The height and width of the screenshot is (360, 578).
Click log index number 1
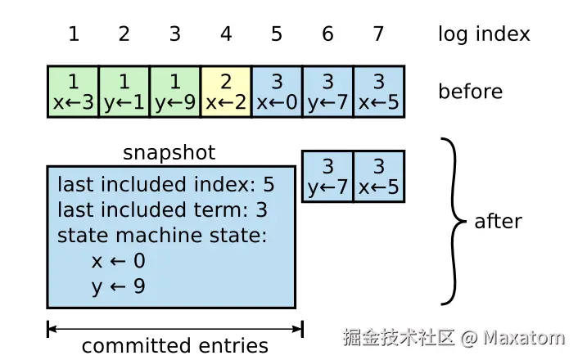74,34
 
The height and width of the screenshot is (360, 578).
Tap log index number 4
226,34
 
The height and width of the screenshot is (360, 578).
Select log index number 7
378,34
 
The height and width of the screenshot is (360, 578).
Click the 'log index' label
484,34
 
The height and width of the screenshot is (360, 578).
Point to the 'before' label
470,91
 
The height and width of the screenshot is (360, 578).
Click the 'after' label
498,221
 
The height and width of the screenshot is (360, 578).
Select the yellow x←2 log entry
226,92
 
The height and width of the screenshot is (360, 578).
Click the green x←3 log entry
74,92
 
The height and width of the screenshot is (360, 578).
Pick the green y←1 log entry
124,92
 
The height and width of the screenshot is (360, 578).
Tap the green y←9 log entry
175,92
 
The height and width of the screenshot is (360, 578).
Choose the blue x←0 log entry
277,92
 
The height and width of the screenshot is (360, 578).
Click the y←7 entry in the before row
327,92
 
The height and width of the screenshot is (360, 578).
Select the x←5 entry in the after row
378,176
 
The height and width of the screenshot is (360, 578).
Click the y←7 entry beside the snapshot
327,176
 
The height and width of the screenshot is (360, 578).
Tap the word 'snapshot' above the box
169,152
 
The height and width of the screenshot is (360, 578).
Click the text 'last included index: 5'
165,185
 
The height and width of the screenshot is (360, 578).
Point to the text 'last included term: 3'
162,210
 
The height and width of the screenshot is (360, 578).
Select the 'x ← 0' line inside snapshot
119,262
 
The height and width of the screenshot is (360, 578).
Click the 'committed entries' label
175,345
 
